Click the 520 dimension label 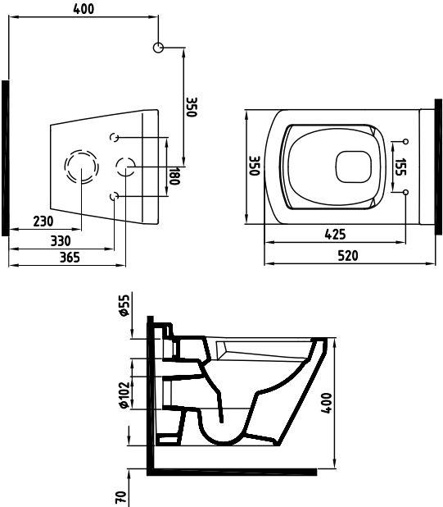click(348, 255)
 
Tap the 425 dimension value click(335, 234)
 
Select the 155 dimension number click(400, 167)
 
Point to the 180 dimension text click(174, 176)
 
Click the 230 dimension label click(43, 222)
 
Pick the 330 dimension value click(61, 240)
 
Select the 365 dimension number click(70, 258)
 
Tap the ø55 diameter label click(124, 305)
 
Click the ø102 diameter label click(124, 395)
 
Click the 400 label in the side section click(326, 403)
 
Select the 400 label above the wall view click(84, 9)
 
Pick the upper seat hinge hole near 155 click(406, 141)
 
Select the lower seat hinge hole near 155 click(406, 193)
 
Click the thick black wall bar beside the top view click(438, 167)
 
